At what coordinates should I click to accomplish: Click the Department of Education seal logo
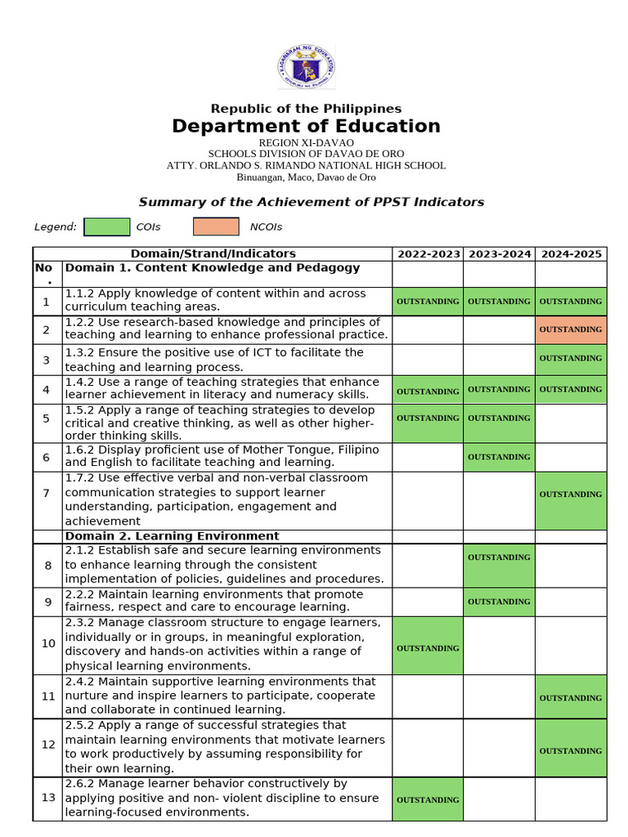(x=306, y=66)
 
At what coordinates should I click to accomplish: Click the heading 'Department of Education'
(x=306, y=126)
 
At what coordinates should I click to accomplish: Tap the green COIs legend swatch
(x=106, y=226)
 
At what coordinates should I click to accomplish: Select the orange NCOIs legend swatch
(x=216, y=226)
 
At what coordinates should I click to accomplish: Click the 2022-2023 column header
(x=428, y=254)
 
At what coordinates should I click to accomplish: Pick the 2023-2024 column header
(x=499, y=254)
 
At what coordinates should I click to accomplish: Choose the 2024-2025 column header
(x=571, y=254)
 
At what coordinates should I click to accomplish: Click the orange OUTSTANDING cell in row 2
(x=571, y=329)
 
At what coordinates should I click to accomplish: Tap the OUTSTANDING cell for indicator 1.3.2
(x=571, y=359)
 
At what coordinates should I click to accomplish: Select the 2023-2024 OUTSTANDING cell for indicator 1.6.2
(x=499, y=457)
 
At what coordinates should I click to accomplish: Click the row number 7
(x=47, y=493)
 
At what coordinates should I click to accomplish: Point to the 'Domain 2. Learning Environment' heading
(x=172, y=536)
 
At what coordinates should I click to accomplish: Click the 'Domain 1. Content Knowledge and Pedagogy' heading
(x=212, y=268)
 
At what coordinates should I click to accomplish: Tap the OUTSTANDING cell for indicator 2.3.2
(x=428, y=648)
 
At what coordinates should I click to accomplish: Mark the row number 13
(x=47, y=798)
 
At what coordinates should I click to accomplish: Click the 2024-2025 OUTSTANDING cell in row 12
(x=571, y=750)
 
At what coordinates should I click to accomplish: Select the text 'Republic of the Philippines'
(x=306, y=109)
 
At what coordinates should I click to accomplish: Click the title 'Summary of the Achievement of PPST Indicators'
(x=311, y=202)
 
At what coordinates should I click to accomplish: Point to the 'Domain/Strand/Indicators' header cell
(x=213, y=254)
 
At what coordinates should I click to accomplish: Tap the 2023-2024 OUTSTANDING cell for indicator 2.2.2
(x=499, y=602)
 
